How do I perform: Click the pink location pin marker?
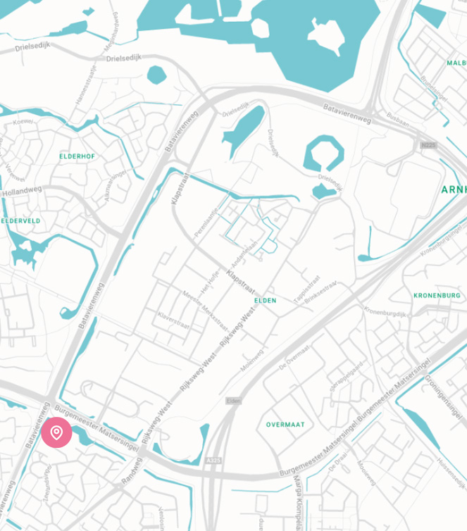(56, 432)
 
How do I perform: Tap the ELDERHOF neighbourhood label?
(77, 156)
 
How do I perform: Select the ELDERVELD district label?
(20, 221)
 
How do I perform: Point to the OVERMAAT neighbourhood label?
(285, 425)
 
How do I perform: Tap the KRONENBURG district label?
(437, 295)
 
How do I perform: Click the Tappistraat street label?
(307, 289)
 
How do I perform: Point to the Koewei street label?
(23, 122)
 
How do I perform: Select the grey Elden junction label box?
(233, 401)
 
